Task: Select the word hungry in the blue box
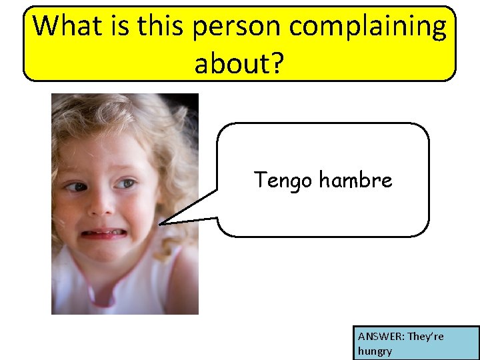[x=375, y=351]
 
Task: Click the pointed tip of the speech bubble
[x=161, y=223]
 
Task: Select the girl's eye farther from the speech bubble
[x=79, y=187]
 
